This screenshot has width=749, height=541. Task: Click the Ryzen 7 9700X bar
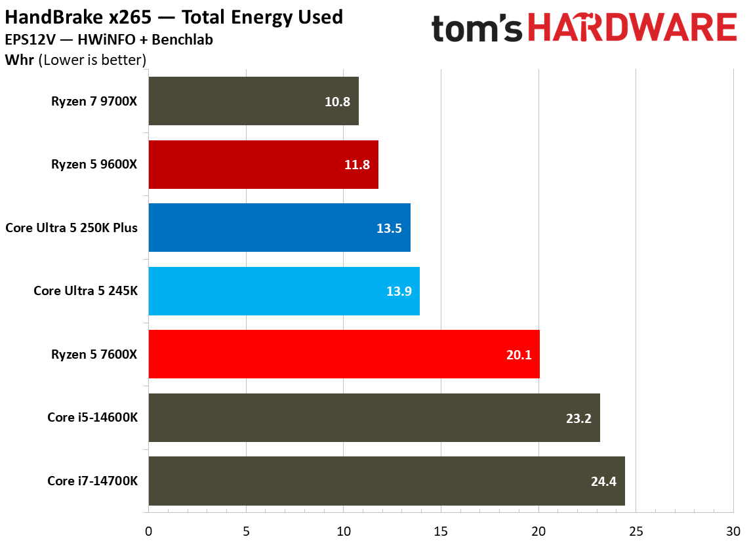pyautogui.click(x=253, y=101)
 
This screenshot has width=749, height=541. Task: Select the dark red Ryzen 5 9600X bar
pyautogui.click(x=263, y=165)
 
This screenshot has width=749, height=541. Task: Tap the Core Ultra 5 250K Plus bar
pyautogui.click(x=279, y=228)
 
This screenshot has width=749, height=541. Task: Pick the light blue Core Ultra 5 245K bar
pyautogui.click(x=284, y=291)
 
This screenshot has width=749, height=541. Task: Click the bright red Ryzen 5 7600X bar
pyautogui.click(x=344, y=354)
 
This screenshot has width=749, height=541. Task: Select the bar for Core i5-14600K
pyautogui.click(x=374, y=418)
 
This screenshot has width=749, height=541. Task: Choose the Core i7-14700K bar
pyautogui.click(x=386, y=481)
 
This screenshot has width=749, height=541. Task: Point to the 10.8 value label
pyautogui.click(x=337, y=102)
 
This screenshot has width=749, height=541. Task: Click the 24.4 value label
pyautogui.click(x=603, y=481)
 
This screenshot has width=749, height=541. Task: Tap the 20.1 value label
pyautogui.click(x=518, y=355)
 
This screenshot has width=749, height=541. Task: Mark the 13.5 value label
pyautogui.click(x=389, y=228)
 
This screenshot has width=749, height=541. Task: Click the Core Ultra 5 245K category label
pyautogui.click(x=85, y=291)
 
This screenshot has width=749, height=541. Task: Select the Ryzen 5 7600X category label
pyautogui.click(x=94, y=354)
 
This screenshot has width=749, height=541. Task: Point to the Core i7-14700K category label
pyautogui.click(x=92, y=481)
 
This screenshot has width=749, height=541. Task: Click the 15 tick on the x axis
pyautogui.click(x=441, y=530)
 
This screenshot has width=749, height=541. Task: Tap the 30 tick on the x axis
pyautogui.click(x=733, y=530)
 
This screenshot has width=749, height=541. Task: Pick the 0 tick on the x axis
pyautogui.click(x=149, y=530)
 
